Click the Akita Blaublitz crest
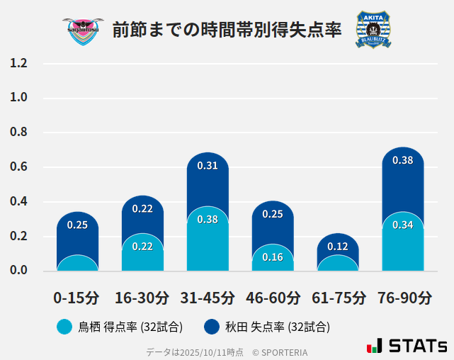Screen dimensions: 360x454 click(x=373, y=30)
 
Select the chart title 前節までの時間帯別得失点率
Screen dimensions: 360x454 click(x=227, y=30)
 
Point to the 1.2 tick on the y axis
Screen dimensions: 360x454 click(x=18, y=64)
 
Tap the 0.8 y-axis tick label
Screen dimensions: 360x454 click(x=18, y=133)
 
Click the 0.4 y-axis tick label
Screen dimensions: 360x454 click(x=18, y=201)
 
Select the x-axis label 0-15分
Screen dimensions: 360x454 click(x=76, y=298)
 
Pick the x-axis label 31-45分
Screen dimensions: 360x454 click(x=207, y=298)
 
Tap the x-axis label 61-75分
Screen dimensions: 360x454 click(x=338, y=298)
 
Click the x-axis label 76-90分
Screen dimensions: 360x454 click(x=403, y=298)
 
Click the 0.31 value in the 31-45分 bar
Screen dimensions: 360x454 click(x=208, y=166)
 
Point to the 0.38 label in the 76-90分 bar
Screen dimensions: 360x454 click(x=402, y=160)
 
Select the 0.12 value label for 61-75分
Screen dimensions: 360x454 click(x=338, y=247)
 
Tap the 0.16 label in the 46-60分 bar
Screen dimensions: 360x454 click(x=273, y=257)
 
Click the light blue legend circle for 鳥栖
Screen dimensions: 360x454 click(x=64, y=327)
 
